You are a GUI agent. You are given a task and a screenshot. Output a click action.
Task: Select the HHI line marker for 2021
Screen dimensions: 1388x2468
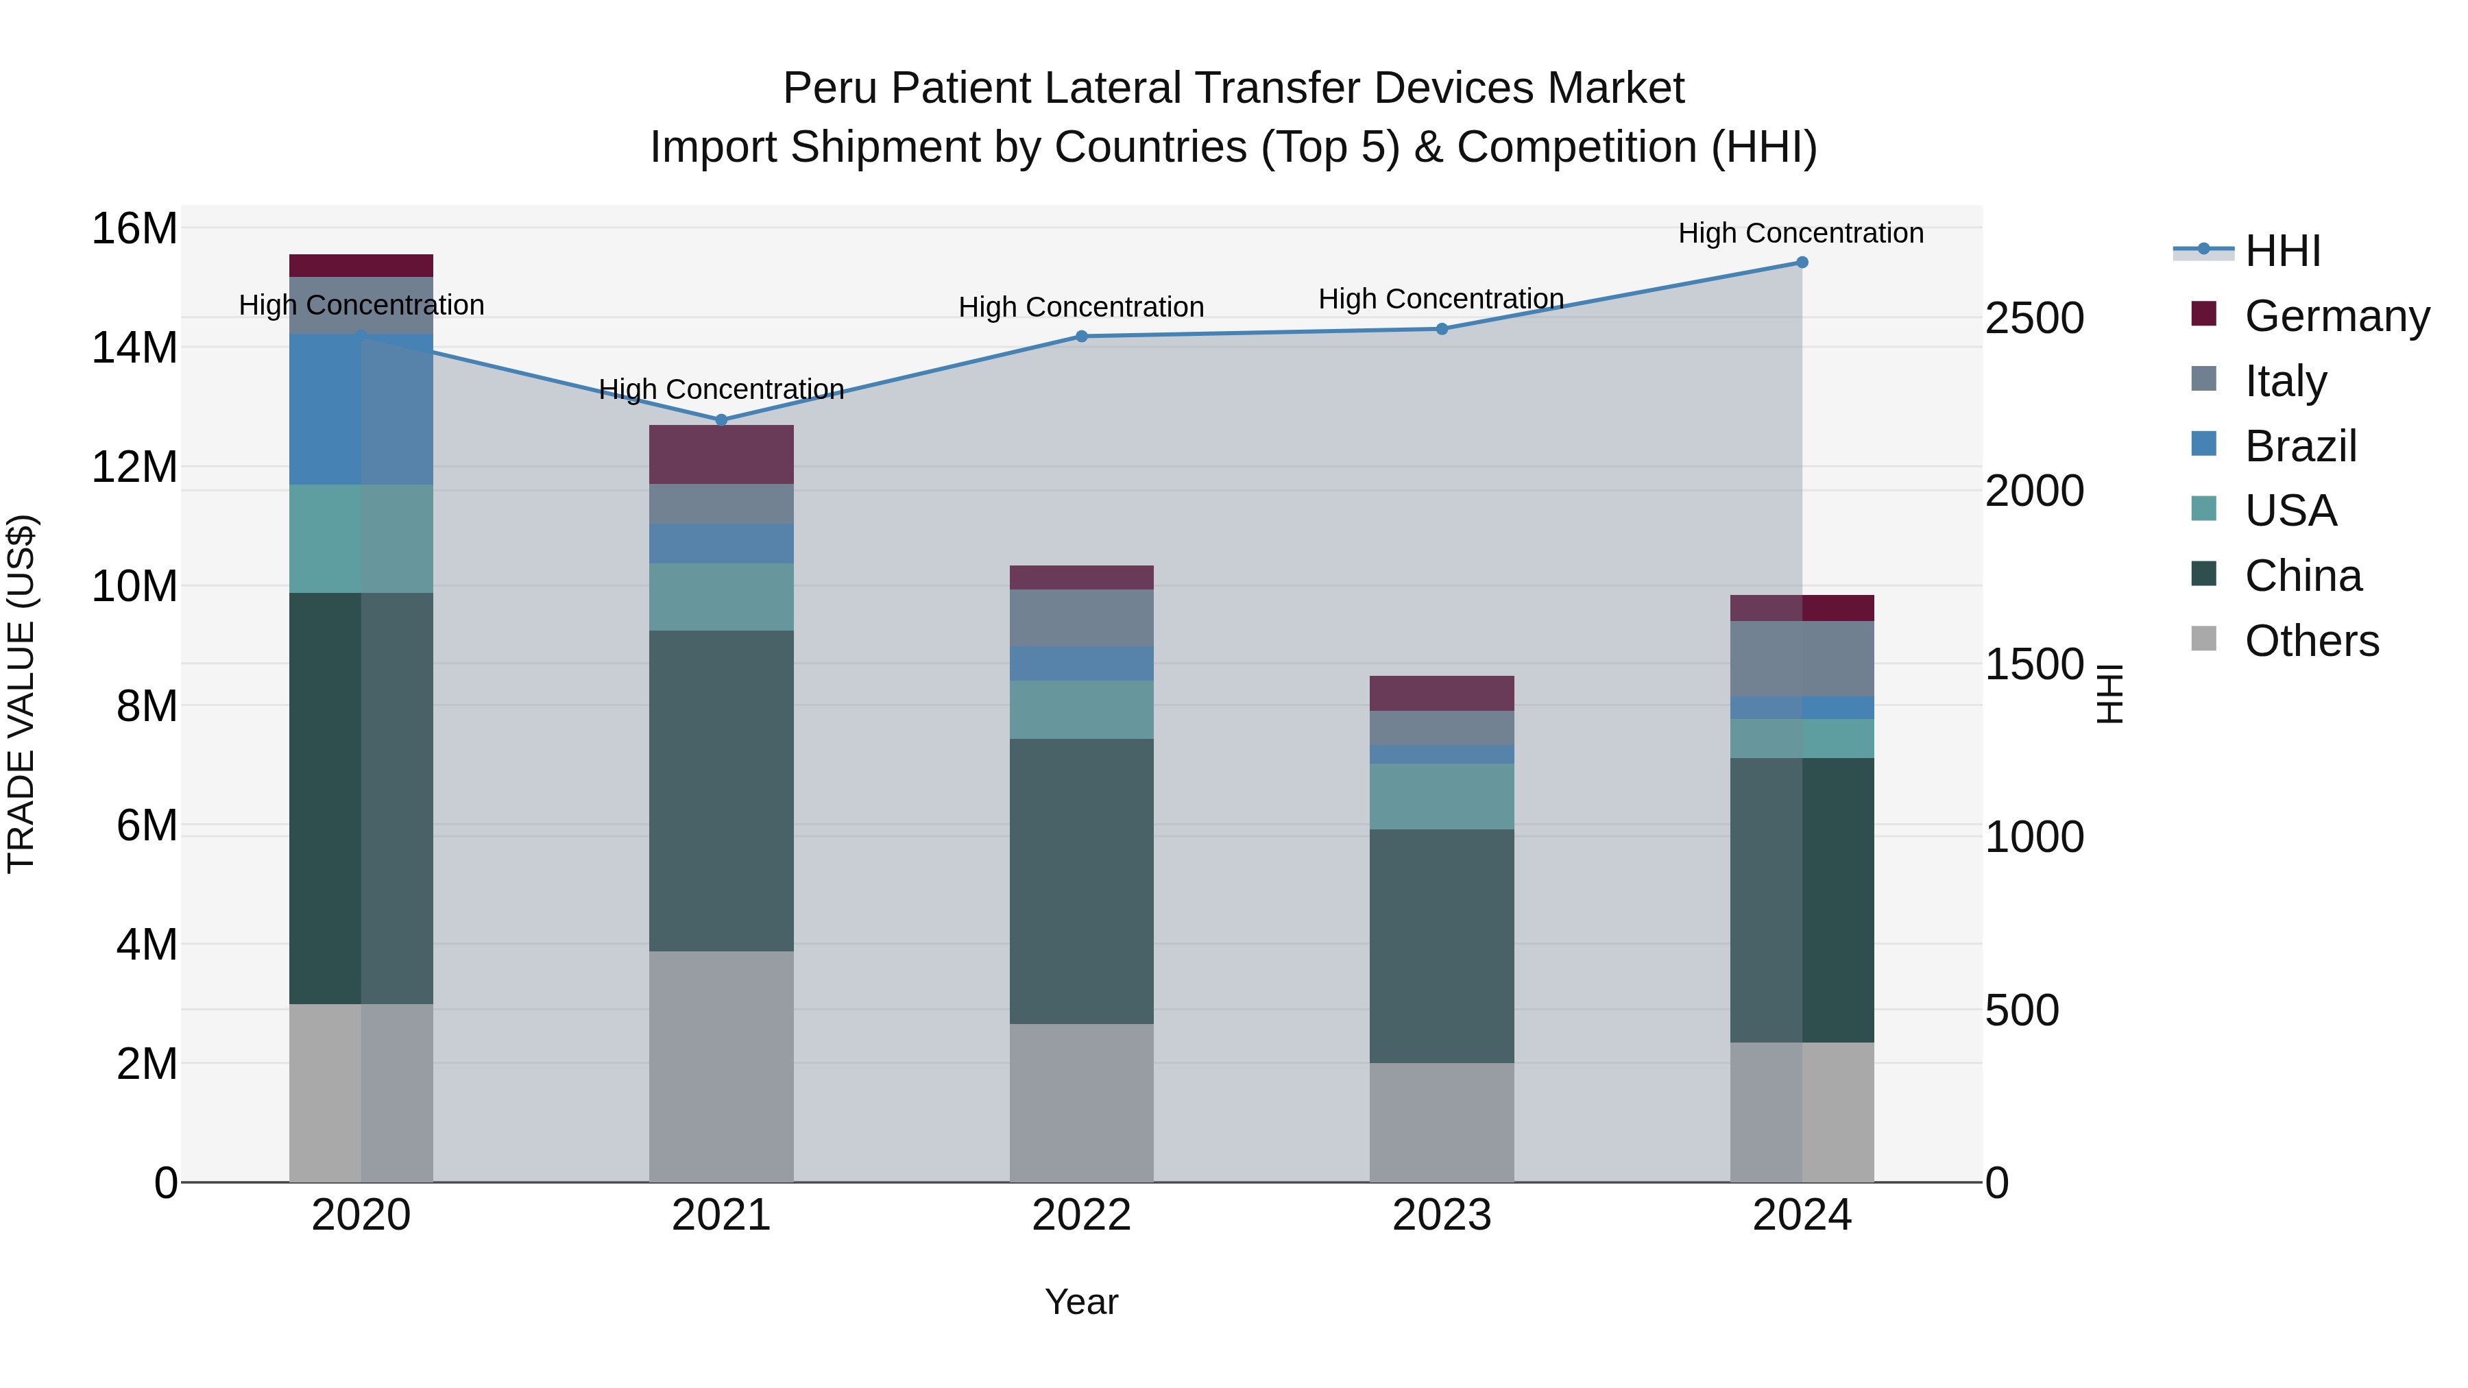point(721,419)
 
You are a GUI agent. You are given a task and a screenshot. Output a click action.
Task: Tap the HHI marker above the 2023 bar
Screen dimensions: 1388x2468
point(1441,328)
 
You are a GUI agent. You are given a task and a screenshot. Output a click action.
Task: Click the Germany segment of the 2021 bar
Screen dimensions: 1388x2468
point(721,454)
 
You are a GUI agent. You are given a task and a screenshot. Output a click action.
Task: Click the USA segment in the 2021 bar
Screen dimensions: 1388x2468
point(721,597)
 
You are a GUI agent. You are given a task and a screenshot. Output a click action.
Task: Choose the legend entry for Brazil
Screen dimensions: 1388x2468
point(2299,446)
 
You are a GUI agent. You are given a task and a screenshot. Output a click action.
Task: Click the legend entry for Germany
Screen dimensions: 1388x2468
point(2336,316)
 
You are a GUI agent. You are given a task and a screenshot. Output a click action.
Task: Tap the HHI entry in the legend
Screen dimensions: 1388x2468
point(2282,251)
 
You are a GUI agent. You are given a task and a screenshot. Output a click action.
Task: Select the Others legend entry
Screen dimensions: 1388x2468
point(2311,641)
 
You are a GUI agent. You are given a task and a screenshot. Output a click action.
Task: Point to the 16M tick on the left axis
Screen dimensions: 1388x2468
point(134,229)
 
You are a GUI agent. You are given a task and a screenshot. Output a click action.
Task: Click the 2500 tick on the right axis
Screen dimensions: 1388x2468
point(2033,318)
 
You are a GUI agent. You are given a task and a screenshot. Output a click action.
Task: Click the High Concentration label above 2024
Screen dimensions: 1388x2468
point(1800,233)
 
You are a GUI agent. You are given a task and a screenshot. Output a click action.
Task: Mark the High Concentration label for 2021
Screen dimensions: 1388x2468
point(721,389)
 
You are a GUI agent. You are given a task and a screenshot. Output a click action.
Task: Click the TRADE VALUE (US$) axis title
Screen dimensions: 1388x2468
point(21,694)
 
